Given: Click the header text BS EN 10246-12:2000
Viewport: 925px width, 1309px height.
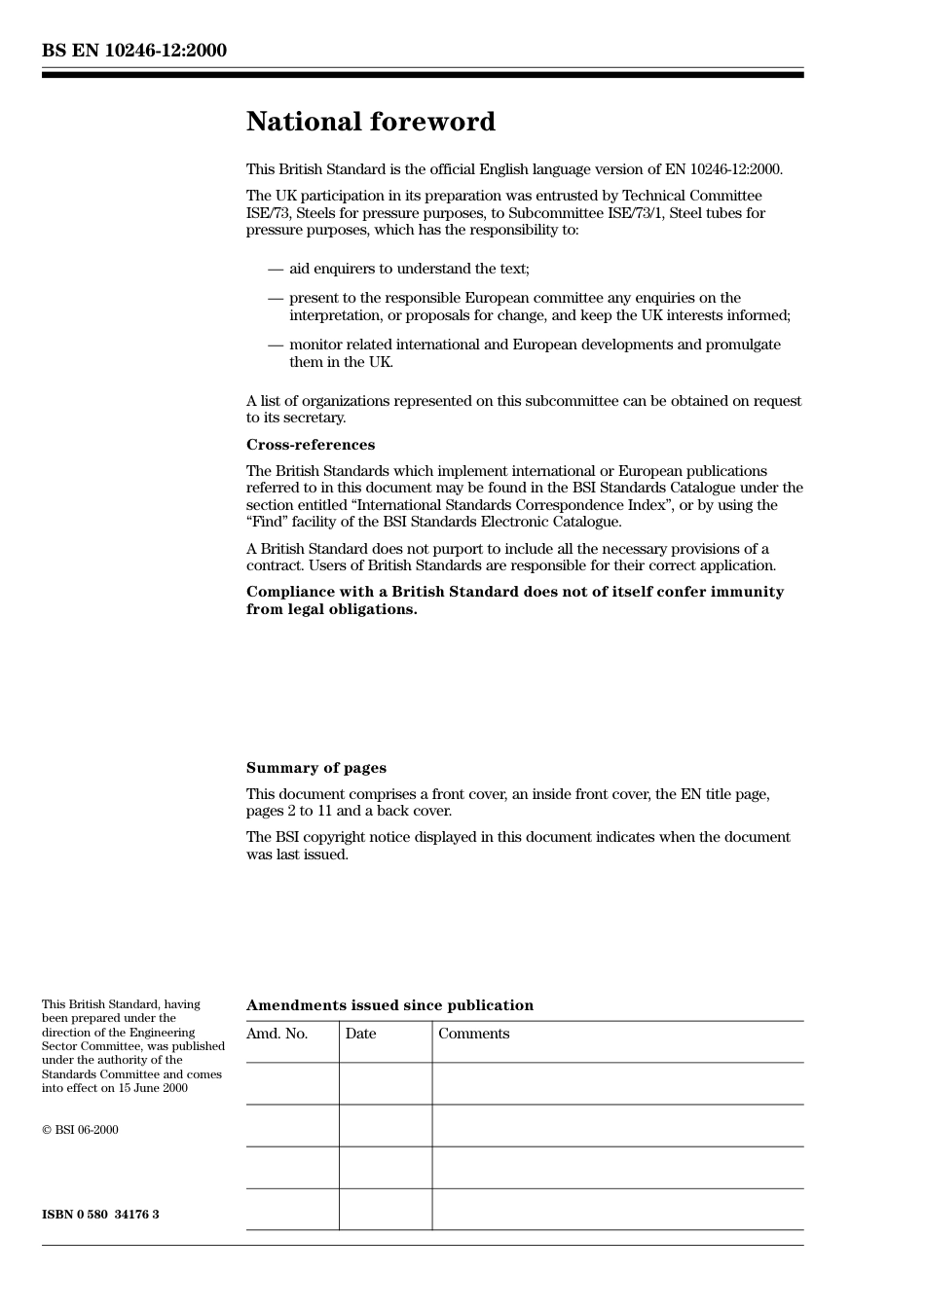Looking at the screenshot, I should (x=134, y=51).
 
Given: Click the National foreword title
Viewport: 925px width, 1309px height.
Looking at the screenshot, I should (x=370, y=122).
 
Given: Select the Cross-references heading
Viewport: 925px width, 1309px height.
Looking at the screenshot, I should (x=310, y=445).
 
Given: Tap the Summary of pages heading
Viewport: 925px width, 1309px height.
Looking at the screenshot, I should (x=315, y=768).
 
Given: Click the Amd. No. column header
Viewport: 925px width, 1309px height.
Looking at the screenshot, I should (x=277, y=1034).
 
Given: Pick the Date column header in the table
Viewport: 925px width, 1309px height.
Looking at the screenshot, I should (x=360, y=1034).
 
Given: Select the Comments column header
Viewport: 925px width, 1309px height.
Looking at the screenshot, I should (x=473, y=1034).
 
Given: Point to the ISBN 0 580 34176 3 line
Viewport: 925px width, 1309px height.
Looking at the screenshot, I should (x=100, y=1215).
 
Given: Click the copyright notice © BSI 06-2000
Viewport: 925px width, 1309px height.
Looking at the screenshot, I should (x=80, y=1130).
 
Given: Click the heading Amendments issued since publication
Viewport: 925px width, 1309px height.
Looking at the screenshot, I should (x=389, y=1005).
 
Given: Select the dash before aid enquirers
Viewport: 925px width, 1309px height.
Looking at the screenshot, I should (x=276, y=269).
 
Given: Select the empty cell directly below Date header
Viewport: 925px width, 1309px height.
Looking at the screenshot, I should (x=386, y=1083).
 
